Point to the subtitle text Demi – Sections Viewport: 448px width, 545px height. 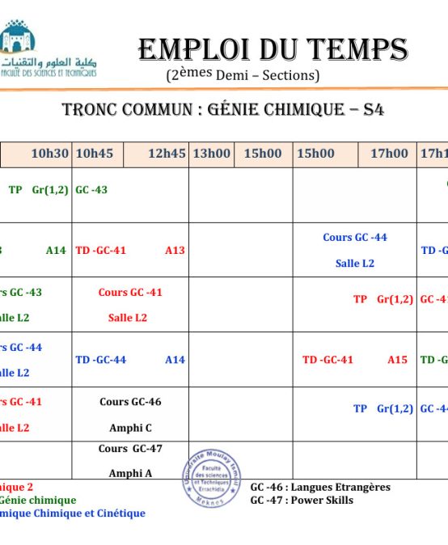pos(268,75)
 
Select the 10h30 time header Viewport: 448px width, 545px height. pos(49,154)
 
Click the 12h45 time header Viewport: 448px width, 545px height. pos(167,154)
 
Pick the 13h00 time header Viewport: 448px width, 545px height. pos(211,154)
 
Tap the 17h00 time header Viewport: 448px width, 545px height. pos(389,154)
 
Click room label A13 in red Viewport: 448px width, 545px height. pos(175,251)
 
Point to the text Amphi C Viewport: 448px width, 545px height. pos(130,428)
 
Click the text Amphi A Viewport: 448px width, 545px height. pos(130,474)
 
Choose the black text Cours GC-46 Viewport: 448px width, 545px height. pos(130,402)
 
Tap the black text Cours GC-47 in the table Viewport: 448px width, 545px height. pos(130,449)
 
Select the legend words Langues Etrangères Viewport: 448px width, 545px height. pos(340,487)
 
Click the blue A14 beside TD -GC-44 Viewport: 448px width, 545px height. pos(175,360)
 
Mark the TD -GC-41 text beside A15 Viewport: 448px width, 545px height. pos(328,360)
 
